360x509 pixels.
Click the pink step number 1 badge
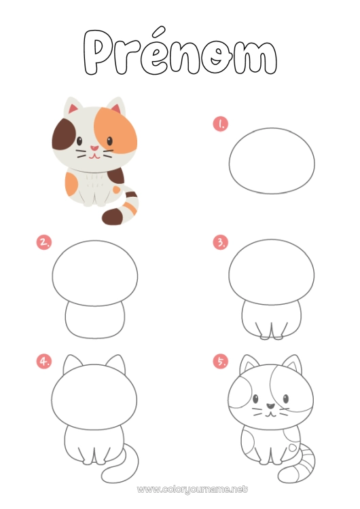(x=220, y=124)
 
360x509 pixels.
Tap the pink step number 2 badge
(x=44, y=242)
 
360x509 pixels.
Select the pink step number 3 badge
(x=220, y=242)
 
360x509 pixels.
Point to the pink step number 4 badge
(x=44, y=361)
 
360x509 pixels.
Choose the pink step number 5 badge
(x=220, y=361)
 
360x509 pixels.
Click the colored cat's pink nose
(x=95, y=147)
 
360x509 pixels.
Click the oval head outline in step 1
(x=272, y=161)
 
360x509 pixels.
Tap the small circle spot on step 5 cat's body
(x=292, y=449)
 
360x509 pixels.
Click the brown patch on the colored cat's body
(x=115, y=178)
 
